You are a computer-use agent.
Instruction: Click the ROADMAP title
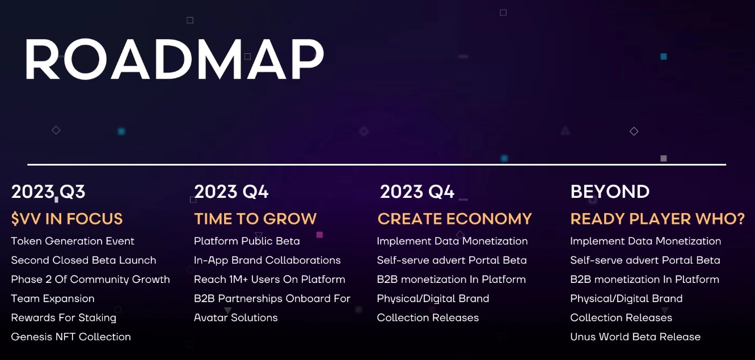[174, 60]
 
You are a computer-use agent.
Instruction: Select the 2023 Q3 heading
[48, 192]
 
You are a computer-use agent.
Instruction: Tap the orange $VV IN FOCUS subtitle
[67, 219]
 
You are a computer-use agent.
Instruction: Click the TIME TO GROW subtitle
[255, 219]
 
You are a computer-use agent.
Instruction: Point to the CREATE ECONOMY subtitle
[454, 219]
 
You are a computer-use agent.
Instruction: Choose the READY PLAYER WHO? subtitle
[657, 219]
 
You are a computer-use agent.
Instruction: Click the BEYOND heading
[610, 192]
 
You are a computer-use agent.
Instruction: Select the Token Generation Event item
[73, 241]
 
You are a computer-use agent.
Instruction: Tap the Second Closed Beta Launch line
[83, 260]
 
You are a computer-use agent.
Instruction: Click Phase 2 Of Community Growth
[90, 279]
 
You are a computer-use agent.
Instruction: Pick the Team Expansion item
[53, 299]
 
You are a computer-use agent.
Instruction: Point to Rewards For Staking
[64, 317]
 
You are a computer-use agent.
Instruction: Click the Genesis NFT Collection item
[71, 337]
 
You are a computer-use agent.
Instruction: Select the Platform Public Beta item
[247, 241]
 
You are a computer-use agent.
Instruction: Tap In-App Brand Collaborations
[267, 260]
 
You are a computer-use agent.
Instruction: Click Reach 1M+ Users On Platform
[269, 279]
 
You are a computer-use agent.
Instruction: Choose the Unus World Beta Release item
[635, 337]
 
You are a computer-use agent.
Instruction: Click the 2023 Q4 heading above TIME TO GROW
[231, 192]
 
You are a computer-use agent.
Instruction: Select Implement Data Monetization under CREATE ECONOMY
[452, 241]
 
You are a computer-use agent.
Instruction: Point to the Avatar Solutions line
[236, 317]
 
